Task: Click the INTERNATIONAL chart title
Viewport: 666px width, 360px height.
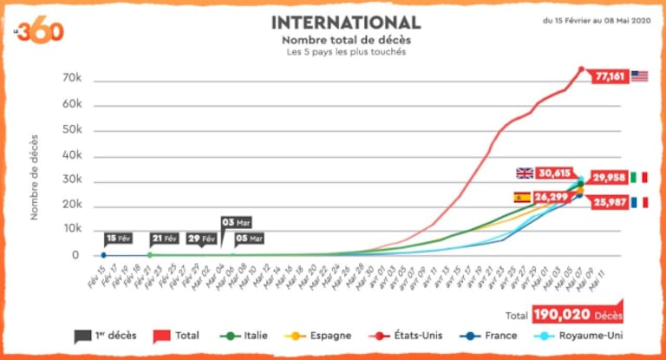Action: pyautogui.click(x=346, y=22)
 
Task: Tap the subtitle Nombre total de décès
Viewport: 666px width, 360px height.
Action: pyautogui.click(x=346, y=40)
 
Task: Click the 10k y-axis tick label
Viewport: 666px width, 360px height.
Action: pyautogui.click(x=72, y=230)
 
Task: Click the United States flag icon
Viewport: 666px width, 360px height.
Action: pyautogui.click(x=640, y=76)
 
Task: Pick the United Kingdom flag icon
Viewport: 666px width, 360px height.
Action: pyautogui.click(x=525, y=173)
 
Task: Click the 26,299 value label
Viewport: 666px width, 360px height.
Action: pyautogui.click(x=552, y=197)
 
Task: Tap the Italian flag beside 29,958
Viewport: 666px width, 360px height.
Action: pyautogui.click(x=638, y=177)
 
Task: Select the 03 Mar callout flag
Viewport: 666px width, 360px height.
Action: pyautogui.click(x=237, y=223)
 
